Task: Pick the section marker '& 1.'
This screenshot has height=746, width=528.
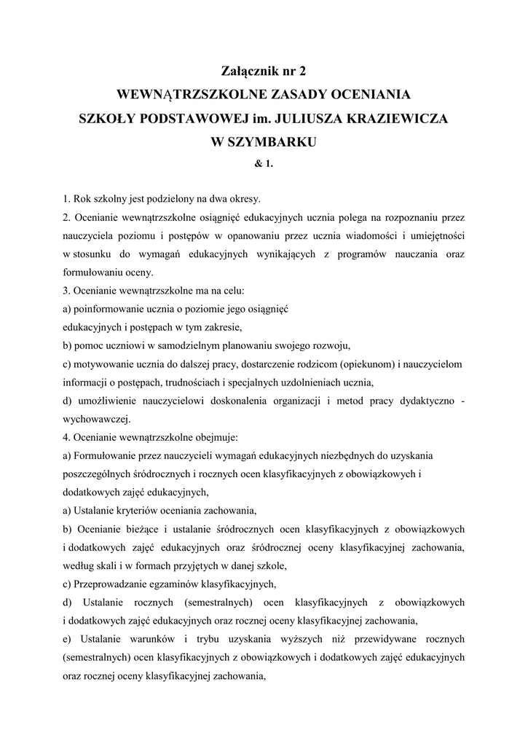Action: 264,163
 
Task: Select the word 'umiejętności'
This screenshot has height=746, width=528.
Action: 434,235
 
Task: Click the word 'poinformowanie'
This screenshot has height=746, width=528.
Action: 108,309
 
